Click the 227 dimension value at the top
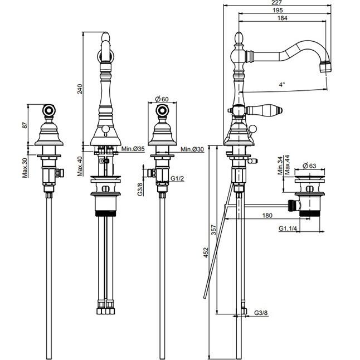click(276, 3)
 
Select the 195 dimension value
click(278, 10)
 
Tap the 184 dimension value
click(282, 18)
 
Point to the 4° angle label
click(282, 85)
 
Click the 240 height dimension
click(80, 89)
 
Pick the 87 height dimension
click(25, 125)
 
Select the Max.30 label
click(25, 168)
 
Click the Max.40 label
click(80, 166)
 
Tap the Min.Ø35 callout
click(133, 149)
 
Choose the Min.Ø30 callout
click(192, 149)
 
